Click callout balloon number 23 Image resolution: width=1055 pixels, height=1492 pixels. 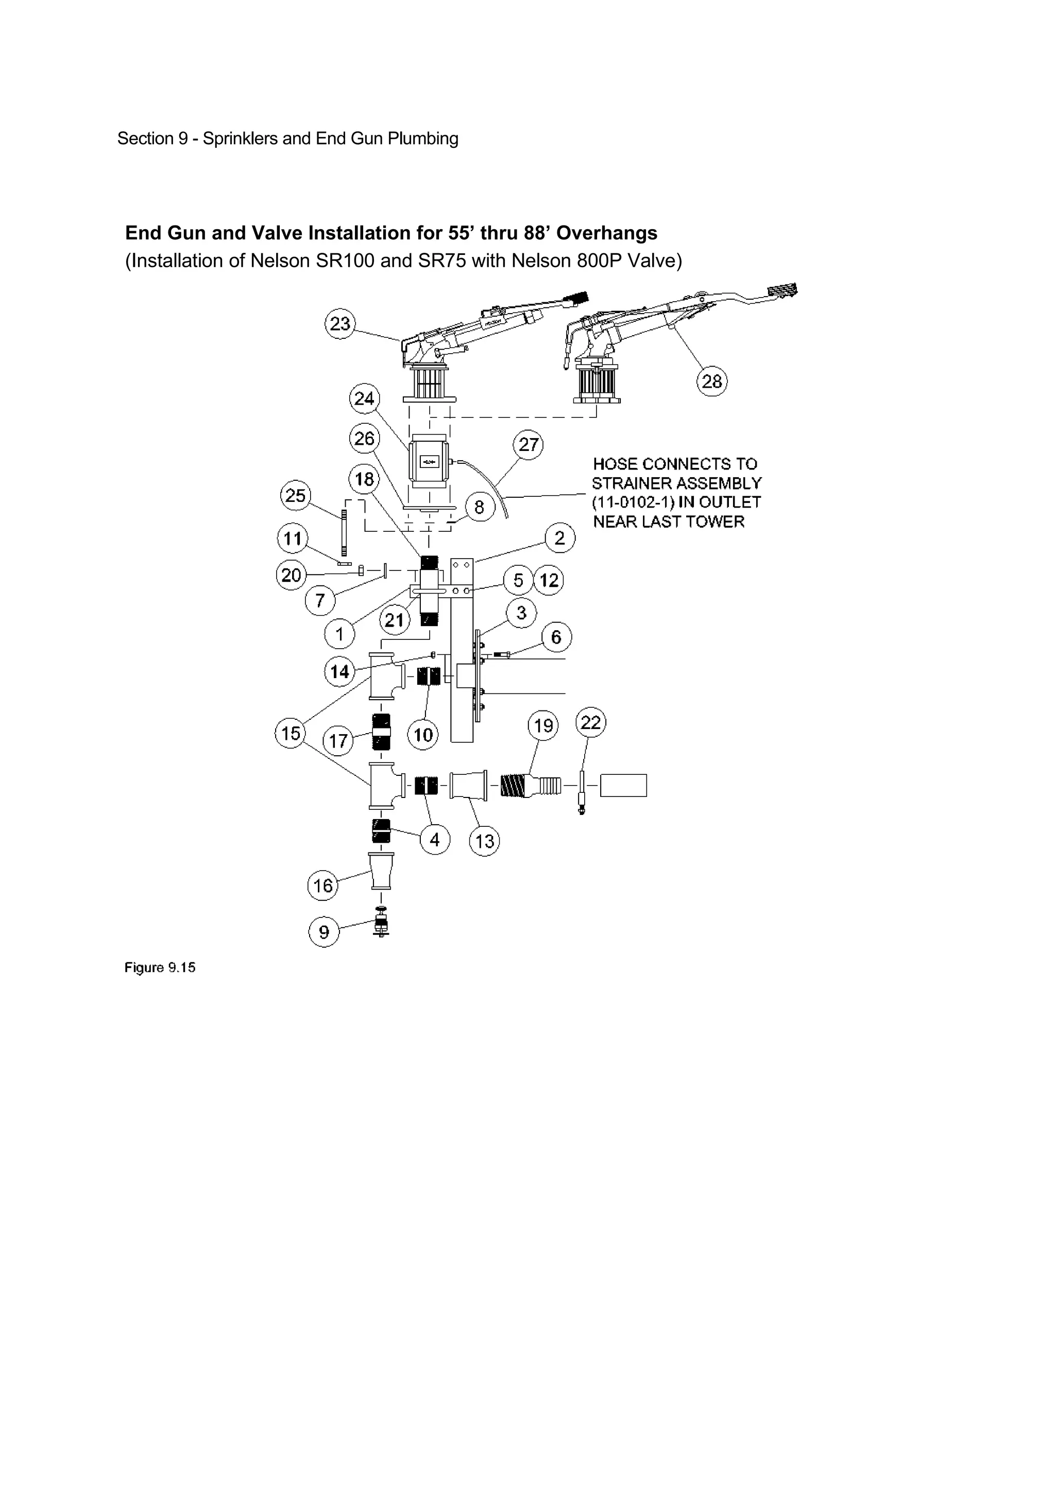point(340,324)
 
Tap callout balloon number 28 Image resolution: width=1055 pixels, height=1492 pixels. point(712,381)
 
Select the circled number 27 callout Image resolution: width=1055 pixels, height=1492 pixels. point(529,445)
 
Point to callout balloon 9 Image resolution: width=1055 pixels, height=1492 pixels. point(324,932)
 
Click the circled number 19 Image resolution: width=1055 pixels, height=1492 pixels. point(543,725)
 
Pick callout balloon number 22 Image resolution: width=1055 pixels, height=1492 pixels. point(590,723)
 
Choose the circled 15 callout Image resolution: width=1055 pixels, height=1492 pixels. point(291,733)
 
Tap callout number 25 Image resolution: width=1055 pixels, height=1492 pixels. point(295,496)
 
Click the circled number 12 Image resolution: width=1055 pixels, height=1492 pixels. point(549,580)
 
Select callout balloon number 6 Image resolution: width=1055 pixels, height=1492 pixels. point(556,637)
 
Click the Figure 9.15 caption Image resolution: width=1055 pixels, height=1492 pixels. point(160,967)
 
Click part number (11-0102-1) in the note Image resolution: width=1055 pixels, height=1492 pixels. point(633,502)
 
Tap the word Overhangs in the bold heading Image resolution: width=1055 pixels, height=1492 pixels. point(606,233)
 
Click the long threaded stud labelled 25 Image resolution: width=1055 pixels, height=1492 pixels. point(343,533)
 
